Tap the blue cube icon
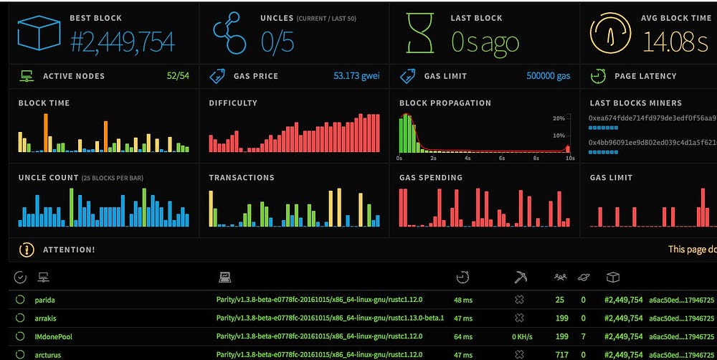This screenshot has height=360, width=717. tap(39, 33)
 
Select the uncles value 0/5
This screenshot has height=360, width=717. tap(277, 42)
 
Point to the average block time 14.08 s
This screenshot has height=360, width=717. tap(675, 42)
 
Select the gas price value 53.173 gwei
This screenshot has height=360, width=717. tap(356, 76)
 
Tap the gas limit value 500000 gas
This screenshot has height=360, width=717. tap(549, 76)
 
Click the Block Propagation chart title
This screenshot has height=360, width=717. tap(445, 103)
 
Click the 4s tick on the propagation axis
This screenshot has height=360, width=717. tap(467, 158)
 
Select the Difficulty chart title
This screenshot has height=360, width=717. tap(233, 103)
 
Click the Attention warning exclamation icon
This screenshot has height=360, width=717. tap(27, 250)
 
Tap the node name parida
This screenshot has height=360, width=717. tap(45, 300)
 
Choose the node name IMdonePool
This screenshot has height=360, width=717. tap(54, 336)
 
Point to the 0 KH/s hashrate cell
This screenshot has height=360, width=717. tap(521, 336)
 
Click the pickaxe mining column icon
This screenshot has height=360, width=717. tap(521, 277)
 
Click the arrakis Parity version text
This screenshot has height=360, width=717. tap(331, 318)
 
